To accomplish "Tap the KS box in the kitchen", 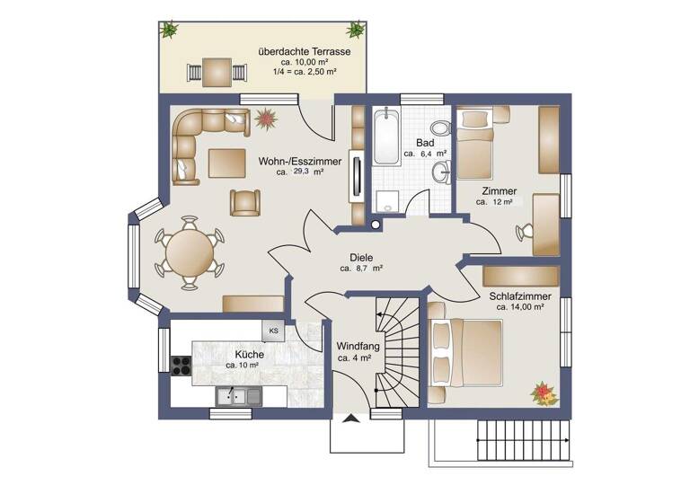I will pos(273,331).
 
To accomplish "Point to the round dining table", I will pos(190,252).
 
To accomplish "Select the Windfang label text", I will pos(358,347).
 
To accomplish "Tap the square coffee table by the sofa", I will pos(226,163).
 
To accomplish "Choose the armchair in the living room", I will pos(245,203).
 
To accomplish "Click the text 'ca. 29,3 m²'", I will pos(300,172).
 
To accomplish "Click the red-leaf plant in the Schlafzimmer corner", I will pos(543,393).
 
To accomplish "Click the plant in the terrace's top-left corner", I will pos(168,30).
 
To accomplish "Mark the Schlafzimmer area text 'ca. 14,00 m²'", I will pos(520,307).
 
